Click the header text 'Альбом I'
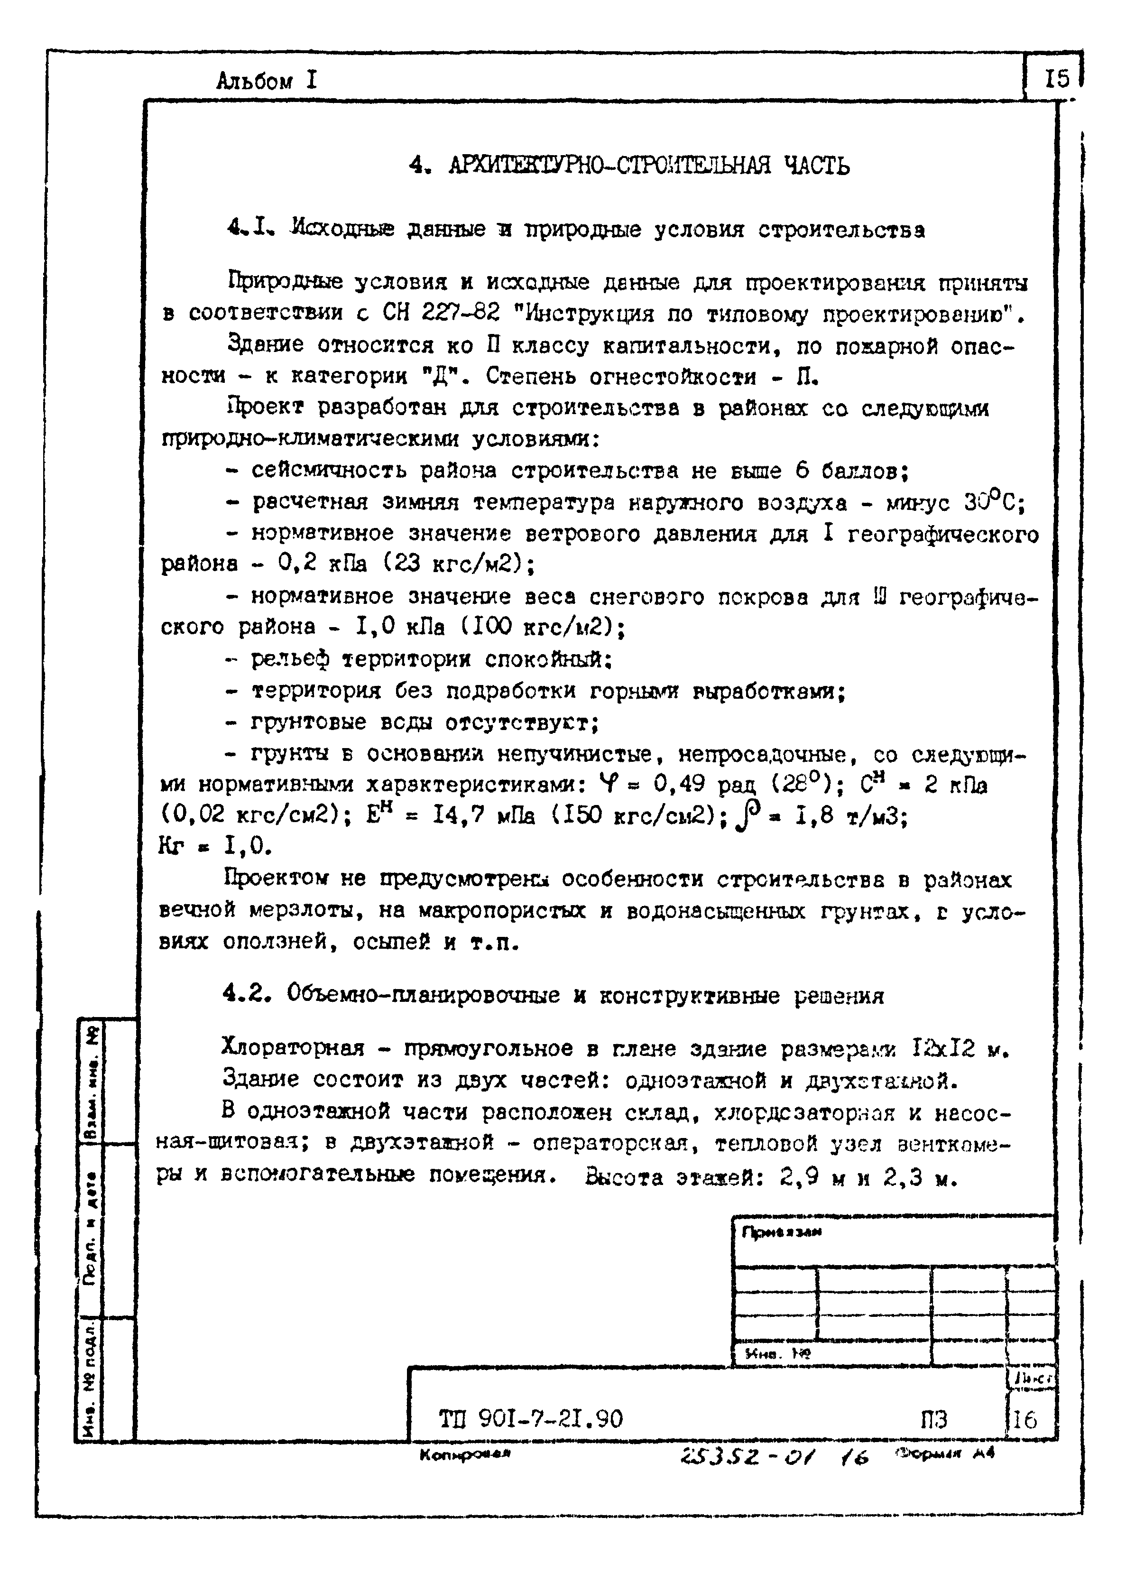click(x=266, y=82)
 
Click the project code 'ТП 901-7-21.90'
click(x=531, y=1418)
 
